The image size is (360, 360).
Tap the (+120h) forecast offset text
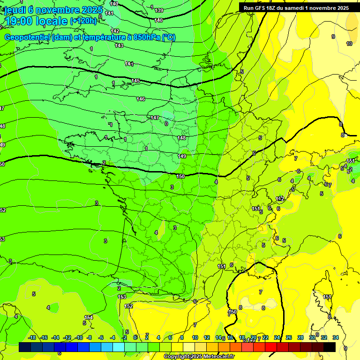(83, 21)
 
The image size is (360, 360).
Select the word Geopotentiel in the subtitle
(26, 37)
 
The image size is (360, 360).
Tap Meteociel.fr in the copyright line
(216, 357)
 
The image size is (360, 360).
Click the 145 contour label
(135, 81)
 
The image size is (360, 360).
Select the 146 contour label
(141, 99)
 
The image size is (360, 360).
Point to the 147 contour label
(155, 118)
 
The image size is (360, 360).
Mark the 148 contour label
(182, 138)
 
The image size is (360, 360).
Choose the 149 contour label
(182, 156)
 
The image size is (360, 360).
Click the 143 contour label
(119, 45)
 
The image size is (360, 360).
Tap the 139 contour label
(159, 10)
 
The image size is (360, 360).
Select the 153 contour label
(122, 297)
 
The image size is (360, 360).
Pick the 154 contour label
(88, 317)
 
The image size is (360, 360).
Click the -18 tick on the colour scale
(32, 337)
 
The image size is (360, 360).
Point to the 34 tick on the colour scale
(336, 337)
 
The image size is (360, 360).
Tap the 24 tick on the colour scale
(277, 337)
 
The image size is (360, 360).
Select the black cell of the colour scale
(330, 347)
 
